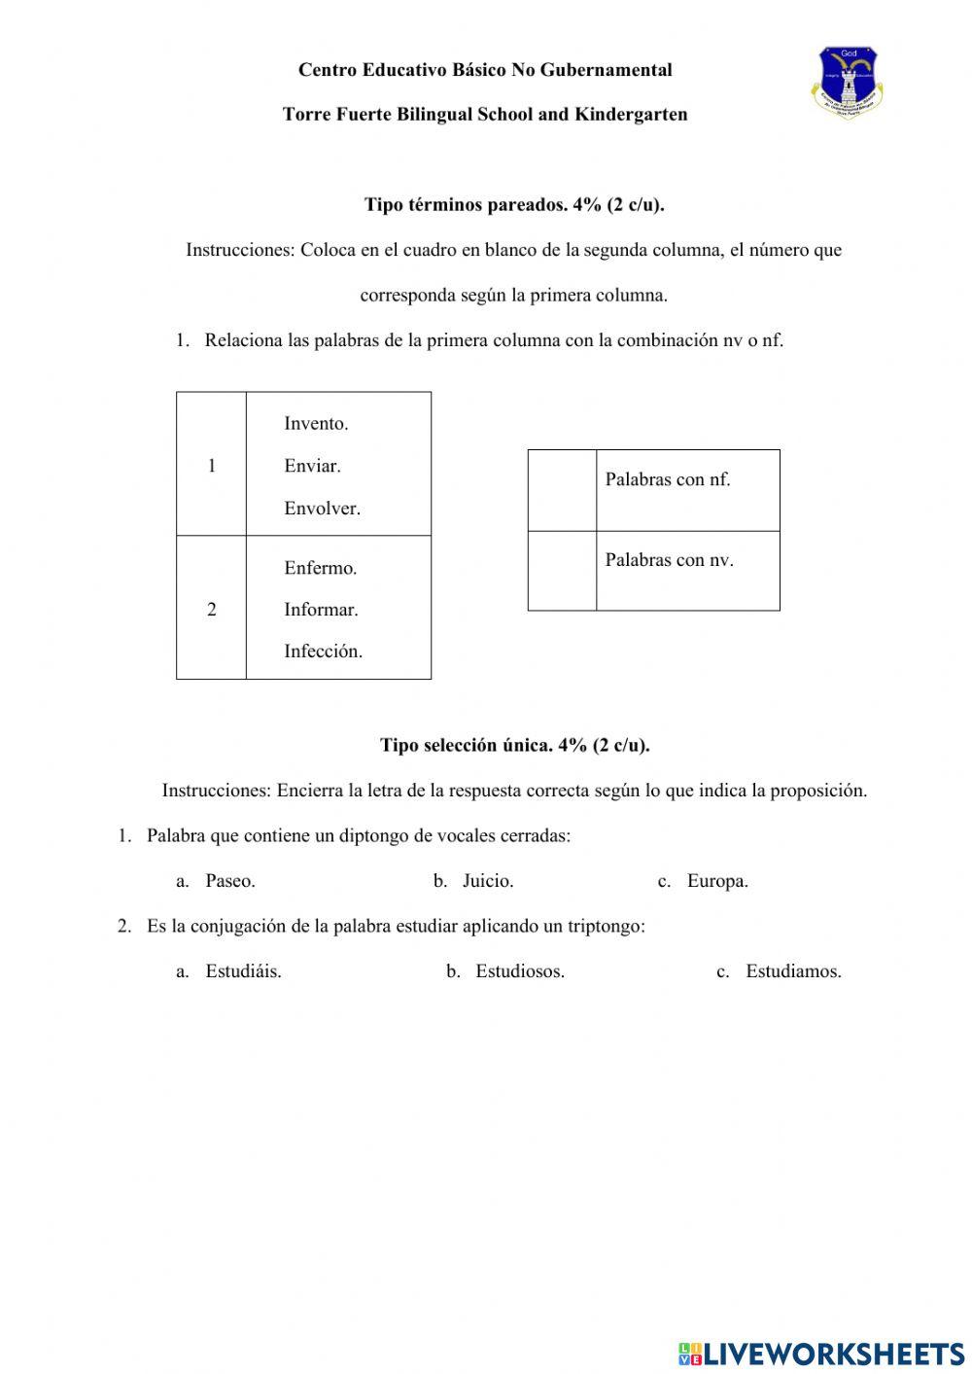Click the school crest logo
(x=847, y=82)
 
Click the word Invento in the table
(x=316, y=424)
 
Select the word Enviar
(x=312, y=466)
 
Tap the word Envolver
(x=322, y=509)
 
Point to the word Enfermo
(x=320, y=569)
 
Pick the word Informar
(x=321, y=611)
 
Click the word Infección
(x=323, y=652)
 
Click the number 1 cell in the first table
(x=211, y=466)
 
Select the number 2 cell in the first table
(x=211, y=610)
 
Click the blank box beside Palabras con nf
(x=562, y=490)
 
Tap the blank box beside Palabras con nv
(x=562, y=571)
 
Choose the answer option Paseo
(x=229, y=882)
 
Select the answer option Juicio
(x=487, y=882)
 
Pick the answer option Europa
(x=716, y=882)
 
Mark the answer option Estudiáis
(x=243, y=971)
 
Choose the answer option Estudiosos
(x=519, y=971)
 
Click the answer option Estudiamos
(x=792, y=971)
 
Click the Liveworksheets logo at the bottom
(x=821, y=1353)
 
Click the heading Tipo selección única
(x=514, y=746)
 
